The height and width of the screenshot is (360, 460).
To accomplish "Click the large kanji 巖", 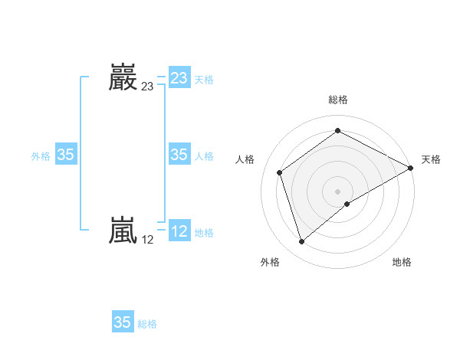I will (x=123, y=77).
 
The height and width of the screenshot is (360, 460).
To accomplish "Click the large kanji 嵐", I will (x=123, y=231).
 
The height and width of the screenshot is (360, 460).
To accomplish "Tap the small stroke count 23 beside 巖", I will (x=147, y=87).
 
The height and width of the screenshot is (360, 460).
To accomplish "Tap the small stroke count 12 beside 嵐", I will (x=147, y=240).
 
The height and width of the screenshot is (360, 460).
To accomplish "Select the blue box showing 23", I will (x=179, y=78).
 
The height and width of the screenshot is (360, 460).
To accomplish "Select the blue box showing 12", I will (x=179, y=231).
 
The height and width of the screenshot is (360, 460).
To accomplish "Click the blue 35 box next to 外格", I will (x=66, y=155).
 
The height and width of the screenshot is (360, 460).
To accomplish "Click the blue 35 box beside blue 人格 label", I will (x=179, y=155).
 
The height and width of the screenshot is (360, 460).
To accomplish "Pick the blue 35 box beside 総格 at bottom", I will (x=123, y=322).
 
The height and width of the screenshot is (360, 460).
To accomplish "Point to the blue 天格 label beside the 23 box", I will (x=204, y=80).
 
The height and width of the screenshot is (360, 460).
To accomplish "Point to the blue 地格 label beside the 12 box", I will (x=204, y=233).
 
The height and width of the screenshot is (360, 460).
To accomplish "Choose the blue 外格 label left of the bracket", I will (x=41, y=156).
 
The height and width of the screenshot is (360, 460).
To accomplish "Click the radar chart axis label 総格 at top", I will (x=338, y=100).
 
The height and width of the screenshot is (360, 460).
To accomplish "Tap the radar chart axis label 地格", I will (x=402, y=263).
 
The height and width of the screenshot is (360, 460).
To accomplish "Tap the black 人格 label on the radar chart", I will (x=245, y=159).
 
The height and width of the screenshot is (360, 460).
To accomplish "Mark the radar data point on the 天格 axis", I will (x=412, y=168).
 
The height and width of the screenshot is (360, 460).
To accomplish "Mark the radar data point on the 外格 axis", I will (x=302, y=242).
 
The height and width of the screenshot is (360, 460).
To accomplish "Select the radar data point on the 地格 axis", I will (x=347, y=204).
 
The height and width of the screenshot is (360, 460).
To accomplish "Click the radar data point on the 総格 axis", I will (x=338, y=131).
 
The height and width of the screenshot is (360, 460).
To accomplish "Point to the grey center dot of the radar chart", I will (x=338, y=191).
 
